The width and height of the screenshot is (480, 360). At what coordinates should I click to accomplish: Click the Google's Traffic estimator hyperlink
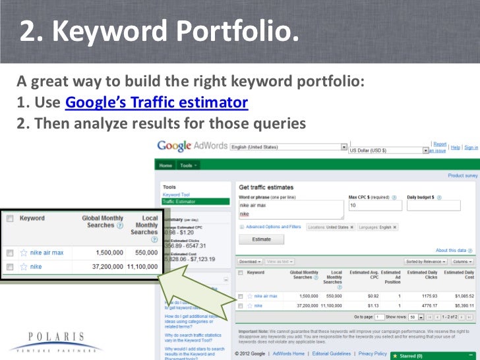click(157, 104)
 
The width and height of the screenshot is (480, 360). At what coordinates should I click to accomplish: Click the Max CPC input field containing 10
click(373, 206)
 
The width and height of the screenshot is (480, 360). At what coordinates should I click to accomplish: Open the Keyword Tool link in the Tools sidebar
click(175, 195)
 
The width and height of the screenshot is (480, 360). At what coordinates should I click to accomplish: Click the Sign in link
click(471, 148)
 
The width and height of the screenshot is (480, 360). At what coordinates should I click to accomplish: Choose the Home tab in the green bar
click(165, 165)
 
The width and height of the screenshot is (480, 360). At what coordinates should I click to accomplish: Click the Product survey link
click(462, 176)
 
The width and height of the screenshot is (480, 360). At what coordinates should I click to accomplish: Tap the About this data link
click(451, 251)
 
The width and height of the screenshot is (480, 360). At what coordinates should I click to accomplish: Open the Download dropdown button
click(250, 262)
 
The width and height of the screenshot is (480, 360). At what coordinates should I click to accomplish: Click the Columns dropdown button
click(462, 262)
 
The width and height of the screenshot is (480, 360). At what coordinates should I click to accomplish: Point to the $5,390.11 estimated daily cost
click(460, 305)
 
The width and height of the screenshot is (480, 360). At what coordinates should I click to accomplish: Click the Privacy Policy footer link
click(373, 354)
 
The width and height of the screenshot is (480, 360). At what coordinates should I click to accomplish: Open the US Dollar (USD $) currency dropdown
click(388, 150)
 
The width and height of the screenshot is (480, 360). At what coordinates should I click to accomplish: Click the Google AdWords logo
click(192, 146)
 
